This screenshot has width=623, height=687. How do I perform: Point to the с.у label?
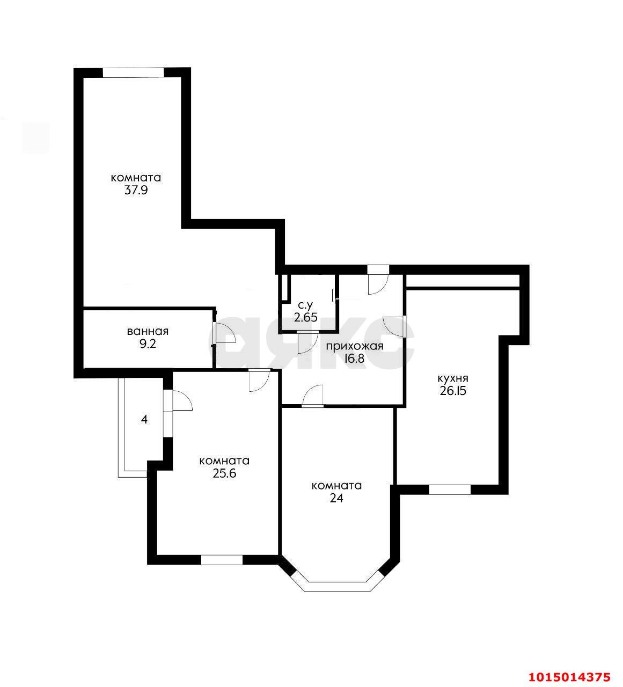tap(306, 305)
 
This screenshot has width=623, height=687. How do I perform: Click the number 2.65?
tap(306, 317)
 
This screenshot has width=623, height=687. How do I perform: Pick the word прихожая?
tap(354, 346)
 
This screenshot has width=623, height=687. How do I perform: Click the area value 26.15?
tap(453, 391)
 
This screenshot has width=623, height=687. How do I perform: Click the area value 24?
tap(336, 498)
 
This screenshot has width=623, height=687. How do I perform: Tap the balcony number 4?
tap(144, 419)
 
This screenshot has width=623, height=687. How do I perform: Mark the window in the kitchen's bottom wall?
tap(450, 489)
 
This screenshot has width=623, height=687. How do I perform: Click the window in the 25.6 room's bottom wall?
tap(222, 560)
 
